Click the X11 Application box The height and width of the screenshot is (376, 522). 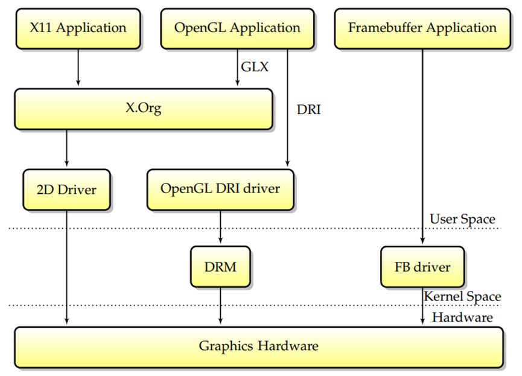click(78, 28)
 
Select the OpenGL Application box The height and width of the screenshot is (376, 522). click(237, 28)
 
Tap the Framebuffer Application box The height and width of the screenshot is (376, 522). click(422, 28)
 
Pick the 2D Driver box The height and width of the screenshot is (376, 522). click(66, 190)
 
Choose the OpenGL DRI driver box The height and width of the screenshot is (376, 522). click(220, 190)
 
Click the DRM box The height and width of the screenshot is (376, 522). click(220, 266)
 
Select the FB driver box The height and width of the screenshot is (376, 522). click(422, 266)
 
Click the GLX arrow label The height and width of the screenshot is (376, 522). click(255, 66)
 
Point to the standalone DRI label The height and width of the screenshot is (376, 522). click(308, 109)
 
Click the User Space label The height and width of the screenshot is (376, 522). click(462, 219)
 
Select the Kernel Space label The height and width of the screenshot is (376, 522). click(462, 296)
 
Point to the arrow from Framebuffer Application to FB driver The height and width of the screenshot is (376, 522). click(422, 145)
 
